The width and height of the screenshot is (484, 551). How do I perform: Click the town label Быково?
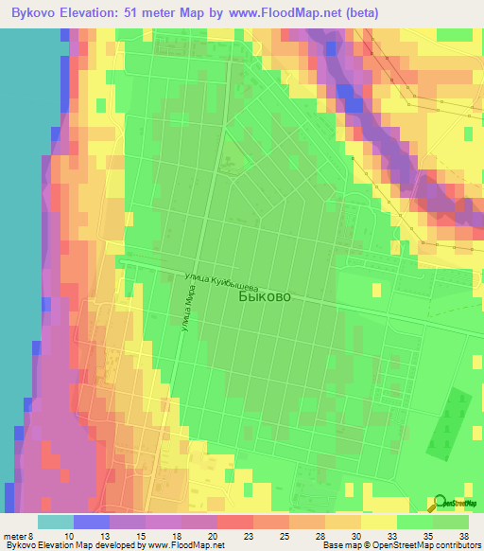coord(266,296)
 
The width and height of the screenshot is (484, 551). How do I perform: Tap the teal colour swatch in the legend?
coord(55,522)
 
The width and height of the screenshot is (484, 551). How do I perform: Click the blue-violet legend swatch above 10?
coord(91,522)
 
